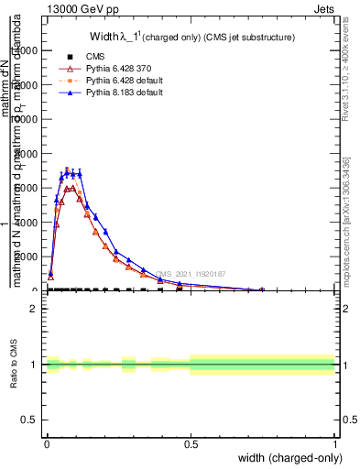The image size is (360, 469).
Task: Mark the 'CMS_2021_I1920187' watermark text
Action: click(x=190, y=273)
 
